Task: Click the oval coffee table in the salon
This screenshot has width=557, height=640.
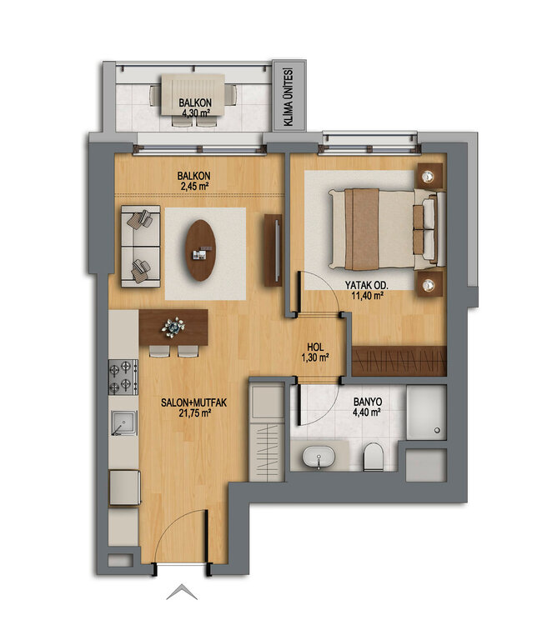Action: [200, 249]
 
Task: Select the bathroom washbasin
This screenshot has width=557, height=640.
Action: [317, 457]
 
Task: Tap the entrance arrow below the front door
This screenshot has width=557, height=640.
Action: [183, 593]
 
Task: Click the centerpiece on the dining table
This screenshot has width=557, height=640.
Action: [173, 326]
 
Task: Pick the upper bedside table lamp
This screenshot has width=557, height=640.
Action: [429, 176]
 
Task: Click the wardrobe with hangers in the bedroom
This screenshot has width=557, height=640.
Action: [399, 361]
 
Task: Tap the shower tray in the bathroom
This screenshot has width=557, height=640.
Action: [425, 413]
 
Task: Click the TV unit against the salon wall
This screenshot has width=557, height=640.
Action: [272, 249]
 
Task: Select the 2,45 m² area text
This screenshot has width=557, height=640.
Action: [193, 187]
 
